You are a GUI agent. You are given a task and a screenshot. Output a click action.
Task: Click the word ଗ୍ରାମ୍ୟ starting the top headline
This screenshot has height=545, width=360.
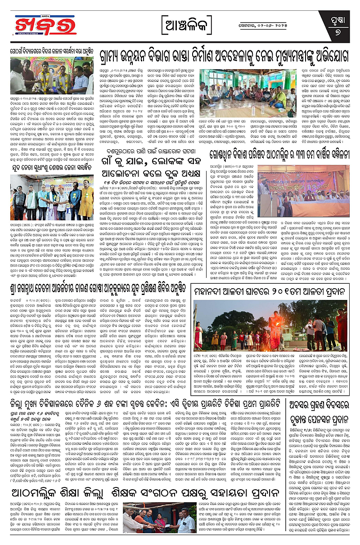click(117, 57)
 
